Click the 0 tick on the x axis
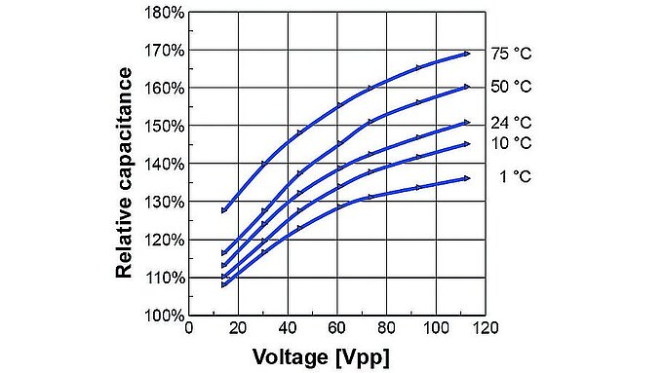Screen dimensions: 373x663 [x=189, y=328]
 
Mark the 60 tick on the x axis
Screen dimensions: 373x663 [x=337, y=328]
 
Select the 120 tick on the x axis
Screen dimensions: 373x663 [x=486, y=328]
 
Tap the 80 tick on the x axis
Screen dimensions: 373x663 [x=387, y=328]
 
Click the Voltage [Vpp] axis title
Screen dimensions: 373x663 [x=321, y=355]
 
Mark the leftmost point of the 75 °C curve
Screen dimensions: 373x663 [x=224, y=209]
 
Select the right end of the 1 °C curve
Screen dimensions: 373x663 [x=468, y=178]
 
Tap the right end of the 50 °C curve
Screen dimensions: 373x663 [x=468, y=87]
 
